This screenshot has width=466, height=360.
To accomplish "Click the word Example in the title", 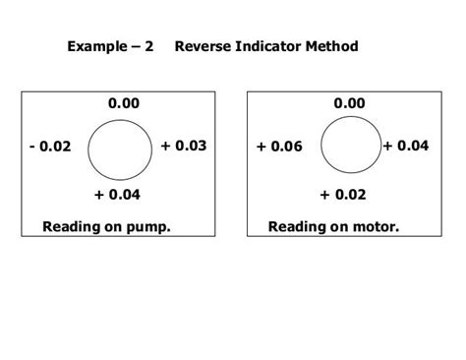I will click(95, 46).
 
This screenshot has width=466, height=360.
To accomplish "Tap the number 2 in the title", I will click(148, 46).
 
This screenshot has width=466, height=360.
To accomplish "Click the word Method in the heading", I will click(332, 46).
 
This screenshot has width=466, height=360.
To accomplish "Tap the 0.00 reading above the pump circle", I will click(124, 103).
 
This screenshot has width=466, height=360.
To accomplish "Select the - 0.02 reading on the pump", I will click(50, 148).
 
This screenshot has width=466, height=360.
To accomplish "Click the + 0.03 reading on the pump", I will click(184, 146).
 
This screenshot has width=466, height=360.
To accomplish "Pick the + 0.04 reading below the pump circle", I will click(118, 194).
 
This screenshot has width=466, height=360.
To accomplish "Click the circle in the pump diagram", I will click(120, 149).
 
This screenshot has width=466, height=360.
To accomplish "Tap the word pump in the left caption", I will click(148, 227).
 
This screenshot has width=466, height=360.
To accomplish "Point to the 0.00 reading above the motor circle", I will click(350, 103).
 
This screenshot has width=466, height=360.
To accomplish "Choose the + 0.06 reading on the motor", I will click(280, 147).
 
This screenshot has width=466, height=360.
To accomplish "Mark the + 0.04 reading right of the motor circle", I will click(406, 146).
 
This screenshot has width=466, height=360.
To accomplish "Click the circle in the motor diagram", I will click(348, 148).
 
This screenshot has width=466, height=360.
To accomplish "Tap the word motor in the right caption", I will click(376, 227).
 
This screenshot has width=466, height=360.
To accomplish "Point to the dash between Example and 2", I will click(133, 46).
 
